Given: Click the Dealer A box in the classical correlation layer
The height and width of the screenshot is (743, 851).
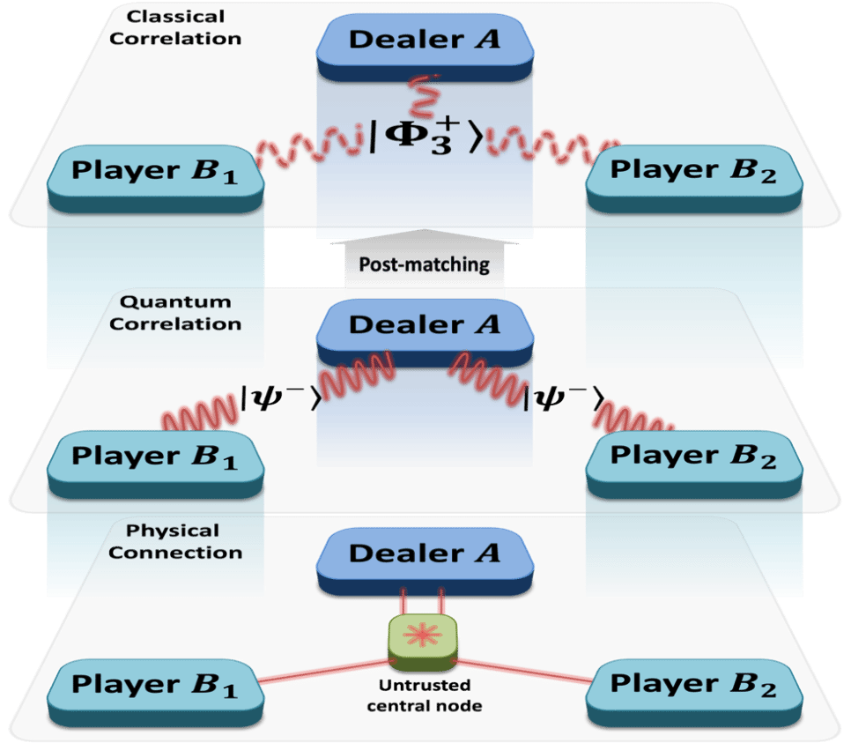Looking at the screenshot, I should click(x=425, y=41).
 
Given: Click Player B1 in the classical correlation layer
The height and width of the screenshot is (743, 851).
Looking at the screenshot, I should click(x=154, y=173).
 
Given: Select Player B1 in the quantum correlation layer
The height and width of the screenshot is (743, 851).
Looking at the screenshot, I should click(x=154, y=458).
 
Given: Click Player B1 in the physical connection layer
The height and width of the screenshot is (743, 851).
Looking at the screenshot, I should click(x=154, y=687).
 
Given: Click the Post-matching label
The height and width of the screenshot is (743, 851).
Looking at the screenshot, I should click(x=425, y=264).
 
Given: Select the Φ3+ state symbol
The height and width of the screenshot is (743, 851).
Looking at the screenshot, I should click(x=425, y=138).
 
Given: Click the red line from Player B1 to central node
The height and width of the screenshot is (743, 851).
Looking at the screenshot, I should click(x=326, y=668).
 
